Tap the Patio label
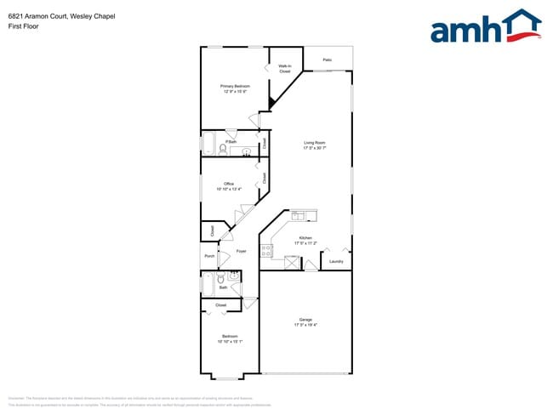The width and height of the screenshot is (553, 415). [x=327, y=60]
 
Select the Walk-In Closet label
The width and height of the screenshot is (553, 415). [x=284, y=68]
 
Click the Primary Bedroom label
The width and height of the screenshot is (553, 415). [x=234, y=86]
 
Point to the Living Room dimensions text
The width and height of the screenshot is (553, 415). [x=315, y=148]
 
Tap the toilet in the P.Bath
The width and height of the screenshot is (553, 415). [x=223, y=150]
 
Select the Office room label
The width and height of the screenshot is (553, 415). [x=228, y=184]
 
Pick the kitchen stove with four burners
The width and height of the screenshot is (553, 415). [x=266, y=250]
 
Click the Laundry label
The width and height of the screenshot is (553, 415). [x=336, y=261]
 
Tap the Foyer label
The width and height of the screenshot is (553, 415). [x=241, y=251]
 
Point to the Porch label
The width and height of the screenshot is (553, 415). [x=209, y=256]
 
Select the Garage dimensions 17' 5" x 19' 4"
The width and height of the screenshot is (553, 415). [x=305, y=325]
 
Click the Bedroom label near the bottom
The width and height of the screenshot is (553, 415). [x=230, y=336]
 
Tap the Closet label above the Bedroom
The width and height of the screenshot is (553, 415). [x=220, y=304]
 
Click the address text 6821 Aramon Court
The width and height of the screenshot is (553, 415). [x=43, y=16]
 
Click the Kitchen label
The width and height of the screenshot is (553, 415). [x=305, y=238]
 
